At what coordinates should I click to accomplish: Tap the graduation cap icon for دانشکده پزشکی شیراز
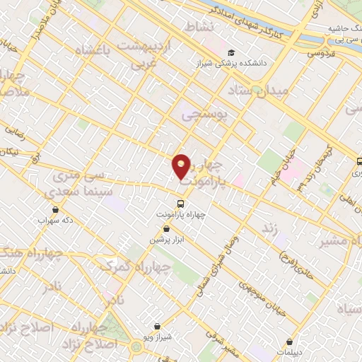(232, 53)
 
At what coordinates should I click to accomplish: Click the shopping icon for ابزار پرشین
(166, 228)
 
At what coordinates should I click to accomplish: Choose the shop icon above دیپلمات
(290, 341)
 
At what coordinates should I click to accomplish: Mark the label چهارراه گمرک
(136, 267)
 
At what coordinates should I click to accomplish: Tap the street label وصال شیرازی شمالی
(218, 265)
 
